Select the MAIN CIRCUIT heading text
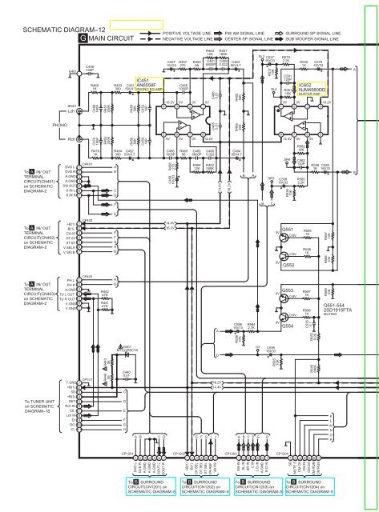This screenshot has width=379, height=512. click(x=112, y=38)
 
